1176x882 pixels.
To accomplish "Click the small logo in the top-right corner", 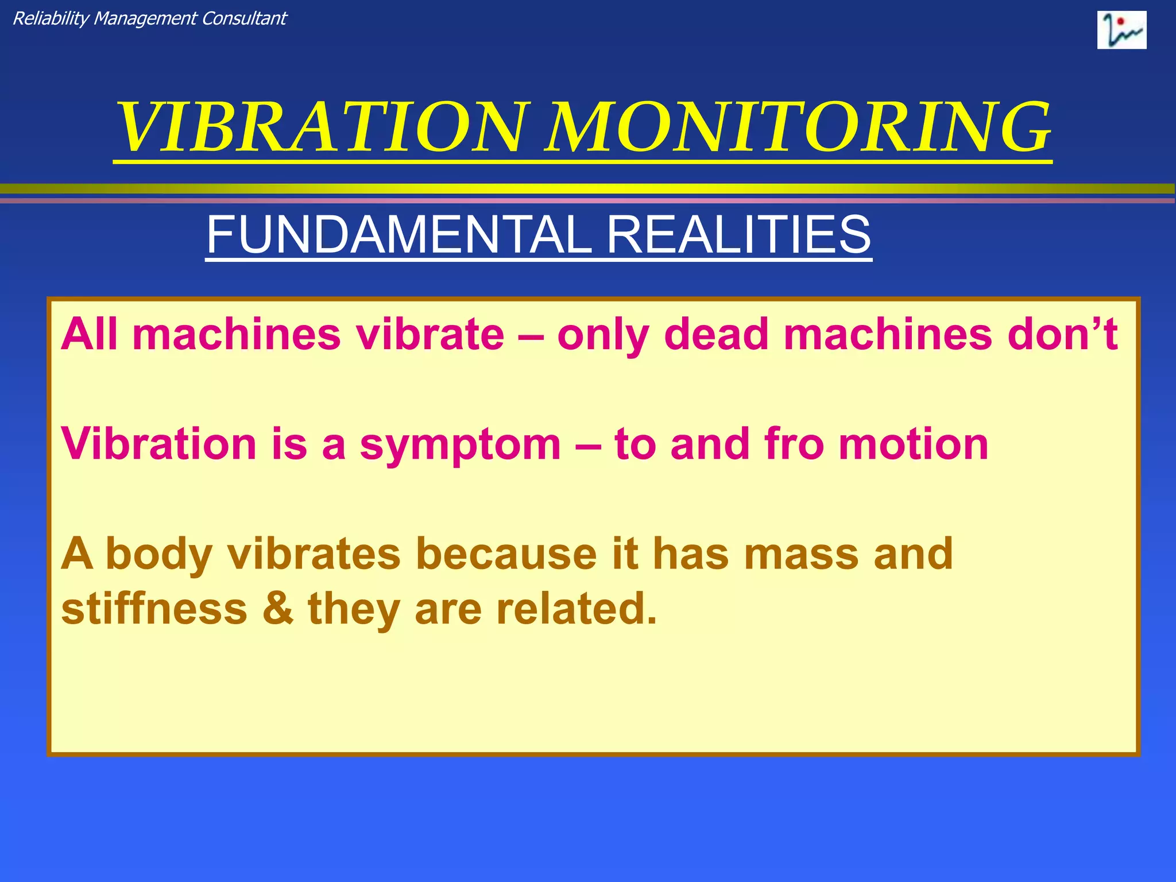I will (x=1121, y=30).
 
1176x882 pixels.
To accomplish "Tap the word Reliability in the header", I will (x=51, y=19).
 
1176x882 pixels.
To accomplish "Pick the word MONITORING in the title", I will (x=799, y=127).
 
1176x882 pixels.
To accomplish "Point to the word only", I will (x=603, y=335).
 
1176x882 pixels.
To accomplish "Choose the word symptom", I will (x=460, y=446).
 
